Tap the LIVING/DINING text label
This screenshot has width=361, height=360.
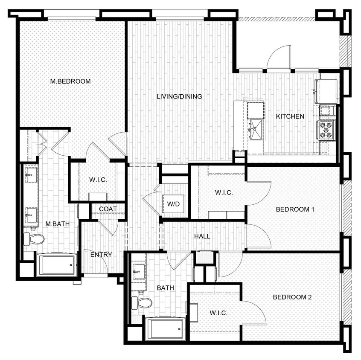[179, 96]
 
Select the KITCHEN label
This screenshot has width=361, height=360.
[290, 116]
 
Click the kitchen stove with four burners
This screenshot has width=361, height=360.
[326, 130]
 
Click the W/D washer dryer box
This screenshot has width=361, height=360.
[173, 204]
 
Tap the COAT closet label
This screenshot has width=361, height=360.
[108, 209]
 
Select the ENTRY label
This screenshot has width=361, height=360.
[101, 255]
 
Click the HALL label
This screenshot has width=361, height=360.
[202, 236]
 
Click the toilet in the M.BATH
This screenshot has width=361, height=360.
[34, 239]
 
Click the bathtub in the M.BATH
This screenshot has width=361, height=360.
[56, 265]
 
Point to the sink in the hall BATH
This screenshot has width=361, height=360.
[139, 270]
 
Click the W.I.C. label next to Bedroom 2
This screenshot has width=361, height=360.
[218, 313]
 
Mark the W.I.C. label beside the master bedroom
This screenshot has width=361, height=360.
[98, 180]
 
